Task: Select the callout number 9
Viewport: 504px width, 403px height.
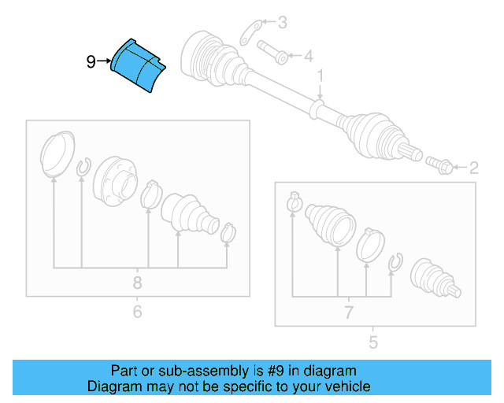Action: point(91,61)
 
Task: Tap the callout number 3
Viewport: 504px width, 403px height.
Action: point(282,23)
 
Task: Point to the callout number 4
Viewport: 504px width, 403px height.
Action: point(309,56)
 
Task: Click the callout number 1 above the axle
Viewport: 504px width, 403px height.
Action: point(321,76)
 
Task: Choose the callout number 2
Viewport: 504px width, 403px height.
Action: point(474,168)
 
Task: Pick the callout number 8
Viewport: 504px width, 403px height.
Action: point(137,283)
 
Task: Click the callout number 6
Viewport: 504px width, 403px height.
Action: point(137,312)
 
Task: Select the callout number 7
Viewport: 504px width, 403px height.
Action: point(349,312)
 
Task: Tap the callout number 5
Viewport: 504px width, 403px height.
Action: point(372,342)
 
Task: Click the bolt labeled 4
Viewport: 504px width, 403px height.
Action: point(272,52)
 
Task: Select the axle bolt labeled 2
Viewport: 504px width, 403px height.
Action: point(439,165)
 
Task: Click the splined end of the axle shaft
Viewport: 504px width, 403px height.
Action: point(410,151)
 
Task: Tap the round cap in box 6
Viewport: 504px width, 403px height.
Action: point(57,154)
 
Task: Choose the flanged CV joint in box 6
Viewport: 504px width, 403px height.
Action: point(115,181)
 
